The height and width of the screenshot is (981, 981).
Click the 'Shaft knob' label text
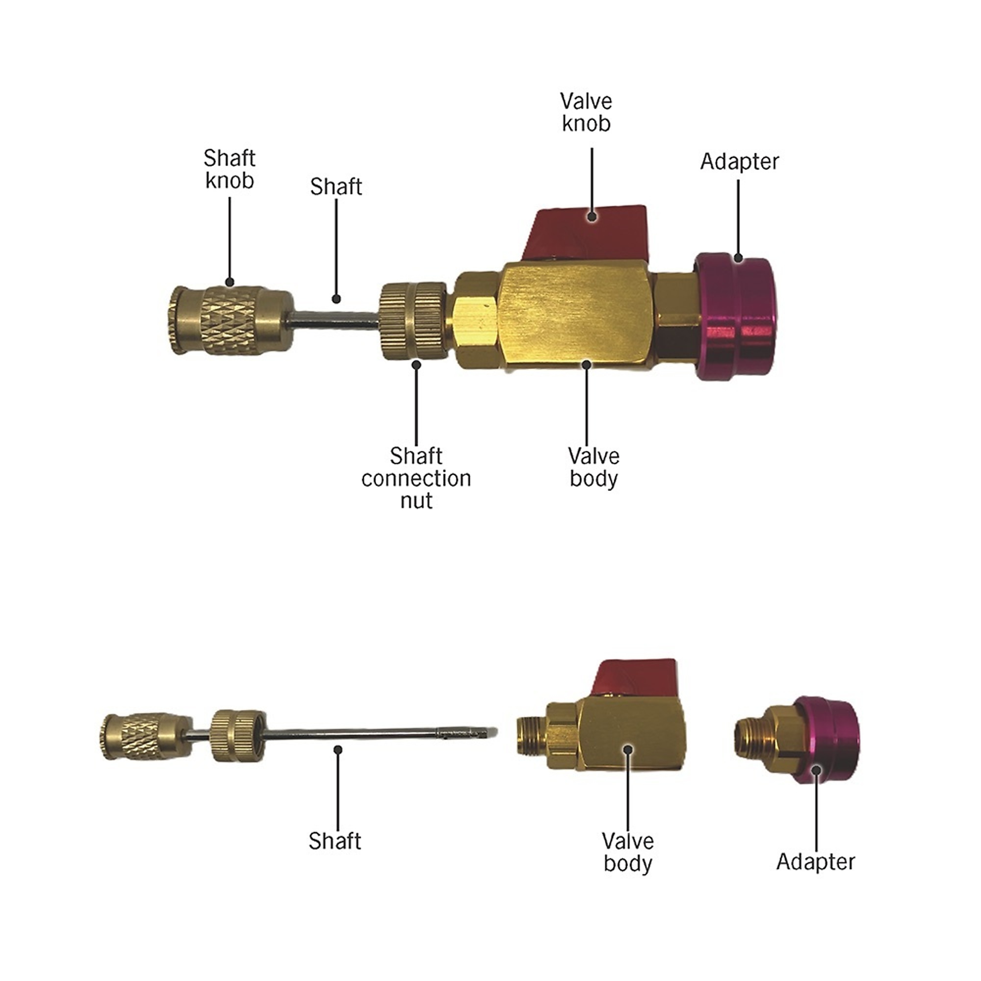pos(229,169)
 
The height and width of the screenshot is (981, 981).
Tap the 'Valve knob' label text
pos(587,112)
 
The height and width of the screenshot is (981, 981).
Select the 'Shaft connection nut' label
pos(416,478)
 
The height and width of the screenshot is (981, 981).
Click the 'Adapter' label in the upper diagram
pos(739,161)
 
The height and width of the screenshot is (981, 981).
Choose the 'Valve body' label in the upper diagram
pos(594,467)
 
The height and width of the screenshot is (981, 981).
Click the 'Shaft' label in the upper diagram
pos(336,187)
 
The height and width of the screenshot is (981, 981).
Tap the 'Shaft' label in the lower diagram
pos(335,841)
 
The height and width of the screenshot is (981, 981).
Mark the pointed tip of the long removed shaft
pos(496,732)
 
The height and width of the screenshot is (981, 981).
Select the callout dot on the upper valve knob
pos(592,216)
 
